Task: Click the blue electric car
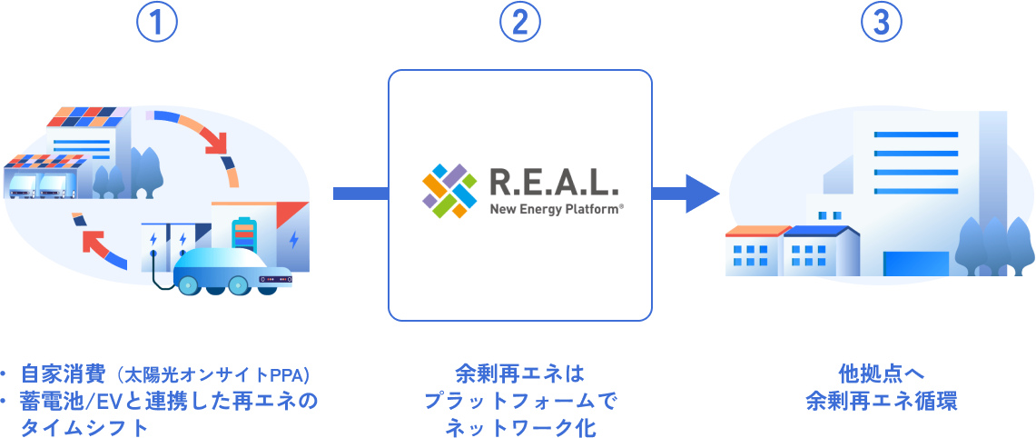pyautogui.click(x=232, y=272)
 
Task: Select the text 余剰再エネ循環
pyautogui.click(x=881, y=401)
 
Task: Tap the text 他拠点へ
pyautogui.click(x=881, y=373)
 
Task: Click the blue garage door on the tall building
pyautogui.click(x=915, y=263)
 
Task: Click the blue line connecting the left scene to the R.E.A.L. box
pyautogui.click(x=360, y=193)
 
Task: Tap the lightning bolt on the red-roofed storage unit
pyautogui.click(x=293, y=240)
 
